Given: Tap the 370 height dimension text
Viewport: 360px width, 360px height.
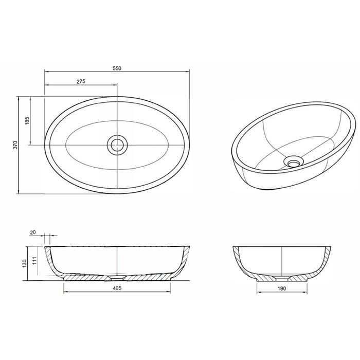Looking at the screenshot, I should pyautogui.click(x=16, y=145).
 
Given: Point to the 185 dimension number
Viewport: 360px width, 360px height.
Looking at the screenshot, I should pyautogui.click(x=27, y=121).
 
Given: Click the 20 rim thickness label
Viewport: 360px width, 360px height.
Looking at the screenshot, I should pyautogui.click(x=33, y=232).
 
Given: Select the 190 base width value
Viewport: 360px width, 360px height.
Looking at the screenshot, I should pyautogui.click(x=281, y=289).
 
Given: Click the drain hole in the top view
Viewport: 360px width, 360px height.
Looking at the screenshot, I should pyautogui.click(x=117, y=145).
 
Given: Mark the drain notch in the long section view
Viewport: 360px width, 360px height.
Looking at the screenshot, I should pyautogui.click(x=117, y=279).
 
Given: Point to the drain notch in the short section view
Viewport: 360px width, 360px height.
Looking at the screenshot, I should pyautogui.click(x=282, y=279).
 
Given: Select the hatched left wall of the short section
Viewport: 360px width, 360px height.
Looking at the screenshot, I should pyautogui.click(x=239, y=260).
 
